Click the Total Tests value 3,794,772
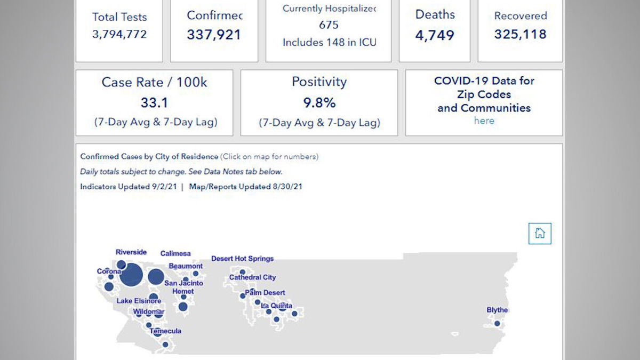119,35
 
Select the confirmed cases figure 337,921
214,35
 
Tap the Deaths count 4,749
435,36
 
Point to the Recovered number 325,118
520,35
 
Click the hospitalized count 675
329,25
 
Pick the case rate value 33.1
154,102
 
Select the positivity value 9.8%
319,102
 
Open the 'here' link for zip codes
484,121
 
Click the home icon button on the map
540,234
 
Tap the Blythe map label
497,310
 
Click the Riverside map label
131,252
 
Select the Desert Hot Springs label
243,259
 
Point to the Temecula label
165,331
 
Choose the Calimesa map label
175,254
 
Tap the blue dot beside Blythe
497,323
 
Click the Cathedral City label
253,278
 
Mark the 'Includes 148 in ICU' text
329,42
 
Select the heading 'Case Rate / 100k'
154,83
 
